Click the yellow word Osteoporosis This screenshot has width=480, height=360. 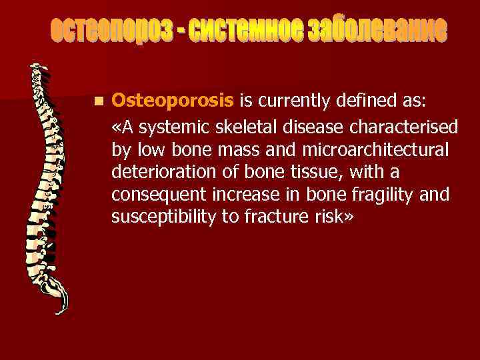pyautogui.click(x=172, y=101)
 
